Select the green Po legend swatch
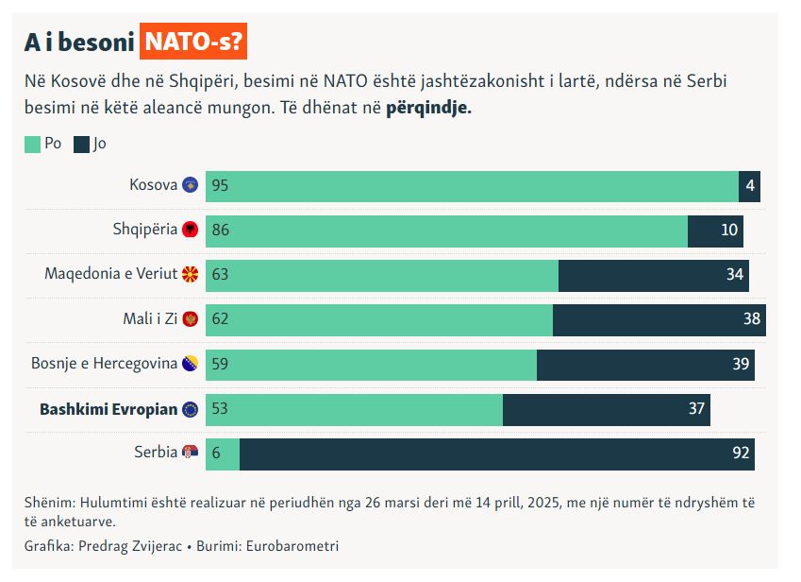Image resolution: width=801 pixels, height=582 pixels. pos(33,145)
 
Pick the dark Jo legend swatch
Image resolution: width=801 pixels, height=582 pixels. pos(82,145)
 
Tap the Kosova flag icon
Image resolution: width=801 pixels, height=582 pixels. pos(190,185)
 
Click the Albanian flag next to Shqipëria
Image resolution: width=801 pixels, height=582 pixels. pos(190,230)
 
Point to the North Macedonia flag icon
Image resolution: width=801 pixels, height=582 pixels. pos(190,274)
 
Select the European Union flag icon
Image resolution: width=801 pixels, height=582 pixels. pos(190,409)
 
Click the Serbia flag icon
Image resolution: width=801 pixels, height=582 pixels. pos(190,453)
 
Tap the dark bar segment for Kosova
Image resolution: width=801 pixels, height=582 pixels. pos(749,186)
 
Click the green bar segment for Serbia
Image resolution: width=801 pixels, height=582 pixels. pos(223,454)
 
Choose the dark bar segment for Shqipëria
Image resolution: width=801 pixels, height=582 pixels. pos(715,231)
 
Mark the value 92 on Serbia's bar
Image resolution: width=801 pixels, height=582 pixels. pos(741,454)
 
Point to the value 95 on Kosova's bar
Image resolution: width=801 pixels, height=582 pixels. pos(220,186)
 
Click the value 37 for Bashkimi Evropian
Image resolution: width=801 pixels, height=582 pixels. pos(696,409)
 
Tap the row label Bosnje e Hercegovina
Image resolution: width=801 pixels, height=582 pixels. pos(104,364)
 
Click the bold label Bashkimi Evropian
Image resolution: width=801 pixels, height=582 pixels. pos(108,409)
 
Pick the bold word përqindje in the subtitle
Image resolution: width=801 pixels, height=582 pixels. pos(428,108)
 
